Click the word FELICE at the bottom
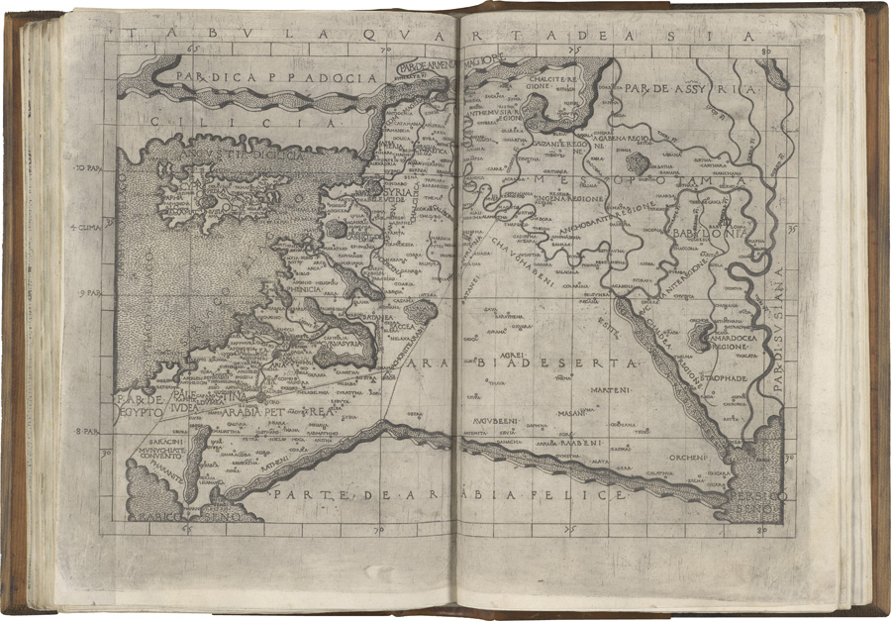tap(589, 492)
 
